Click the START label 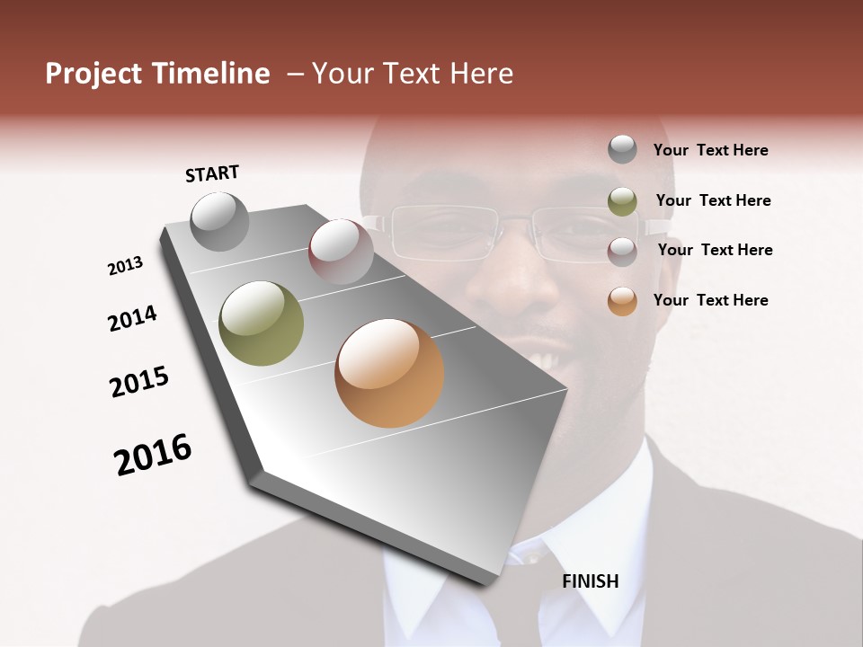(212, 173)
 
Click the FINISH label (590, 581)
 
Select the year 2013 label (125, 266)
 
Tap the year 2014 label (132, 318)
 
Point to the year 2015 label (139, 382)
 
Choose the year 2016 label (153, 455)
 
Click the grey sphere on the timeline (219, 221)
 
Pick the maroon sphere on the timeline (340, 252)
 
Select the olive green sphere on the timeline (262, 323)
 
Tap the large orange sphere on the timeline (389, 373)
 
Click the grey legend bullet (622, 149)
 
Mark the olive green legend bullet (622, 201)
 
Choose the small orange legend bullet (622, 301)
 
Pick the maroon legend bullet (622, 251)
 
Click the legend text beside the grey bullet (710, 150)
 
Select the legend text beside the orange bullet (710, 300)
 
